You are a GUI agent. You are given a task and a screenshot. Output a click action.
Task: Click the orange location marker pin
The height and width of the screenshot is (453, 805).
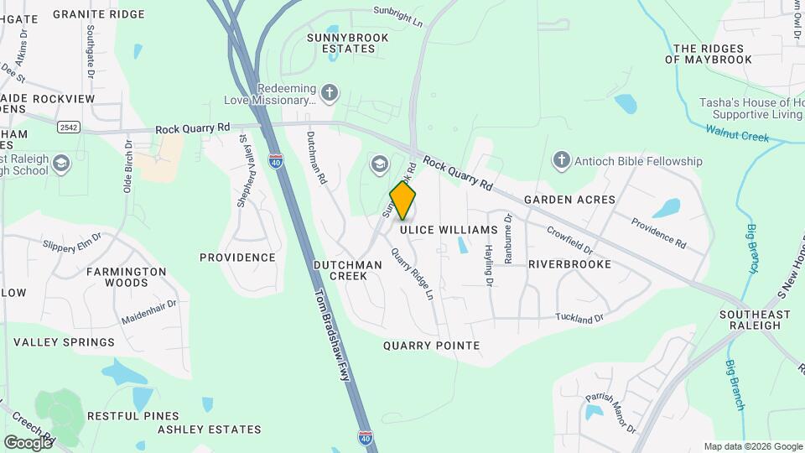pos(402,200)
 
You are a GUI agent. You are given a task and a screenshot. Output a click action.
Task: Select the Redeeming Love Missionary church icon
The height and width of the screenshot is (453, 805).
pos(330,91)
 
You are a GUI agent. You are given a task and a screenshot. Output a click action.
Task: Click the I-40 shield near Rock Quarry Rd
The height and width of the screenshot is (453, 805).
pos(275,159)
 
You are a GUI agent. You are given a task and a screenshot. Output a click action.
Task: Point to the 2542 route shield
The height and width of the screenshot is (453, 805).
pos(69,128)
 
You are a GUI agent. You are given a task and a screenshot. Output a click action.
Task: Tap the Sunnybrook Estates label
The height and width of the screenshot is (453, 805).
pos(340,43)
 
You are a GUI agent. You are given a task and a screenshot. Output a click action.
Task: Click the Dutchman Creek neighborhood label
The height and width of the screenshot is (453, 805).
pos(347,270)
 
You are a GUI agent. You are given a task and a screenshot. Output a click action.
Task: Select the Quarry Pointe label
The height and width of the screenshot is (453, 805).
pos(431,346)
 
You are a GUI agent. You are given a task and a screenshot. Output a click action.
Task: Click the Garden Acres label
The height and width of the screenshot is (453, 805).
pos(569,200)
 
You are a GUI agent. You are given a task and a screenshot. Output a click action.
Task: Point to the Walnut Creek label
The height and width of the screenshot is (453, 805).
pos(737,133)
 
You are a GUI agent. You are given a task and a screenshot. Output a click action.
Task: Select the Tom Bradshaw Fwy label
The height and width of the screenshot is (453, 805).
pos(330,336)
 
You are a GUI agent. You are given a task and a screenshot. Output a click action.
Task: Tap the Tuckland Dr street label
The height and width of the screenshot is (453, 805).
pos(579,318)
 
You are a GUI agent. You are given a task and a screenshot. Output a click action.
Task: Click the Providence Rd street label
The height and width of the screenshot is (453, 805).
pos(659,234)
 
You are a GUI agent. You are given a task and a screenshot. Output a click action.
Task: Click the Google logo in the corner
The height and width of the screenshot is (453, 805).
pos(28,442)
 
